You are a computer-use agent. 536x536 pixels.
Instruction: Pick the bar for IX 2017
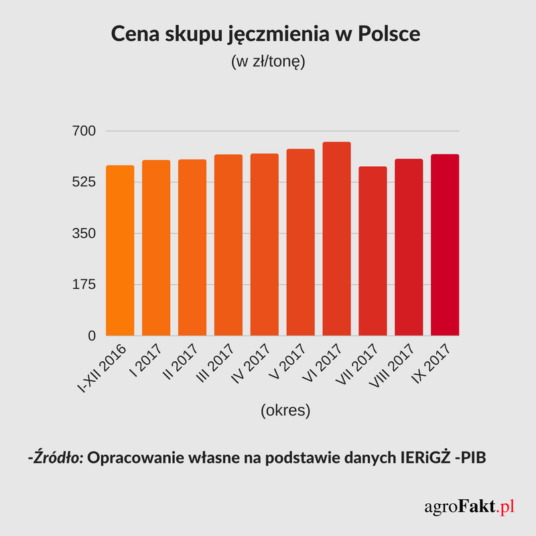[x=445, y=245]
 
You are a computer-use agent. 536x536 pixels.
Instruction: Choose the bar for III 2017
[x=228, y=245]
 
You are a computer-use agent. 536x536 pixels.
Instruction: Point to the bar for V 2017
[x=300, y=242]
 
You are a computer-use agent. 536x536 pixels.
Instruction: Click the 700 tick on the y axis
[x=84, y=131]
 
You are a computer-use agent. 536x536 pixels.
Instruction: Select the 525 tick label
[x=84, y=182]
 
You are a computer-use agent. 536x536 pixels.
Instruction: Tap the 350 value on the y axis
[x=84, y=233]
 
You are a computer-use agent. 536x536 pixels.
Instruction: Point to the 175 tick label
[x=84, y=285]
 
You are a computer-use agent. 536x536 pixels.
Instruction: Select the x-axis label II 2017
[x=182, y=365]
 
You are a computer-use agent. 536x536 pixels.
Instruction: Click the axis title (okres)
[x=285, y=410]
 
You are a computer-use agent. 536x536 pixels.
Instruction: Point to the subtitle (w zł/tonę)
[x=267, y=62]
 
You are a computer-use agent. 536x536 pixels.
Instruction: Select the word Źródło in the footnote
[x=56, y=458]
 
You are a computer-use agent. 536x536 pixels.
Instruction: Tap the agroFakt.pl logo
[x=468, y=507]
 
